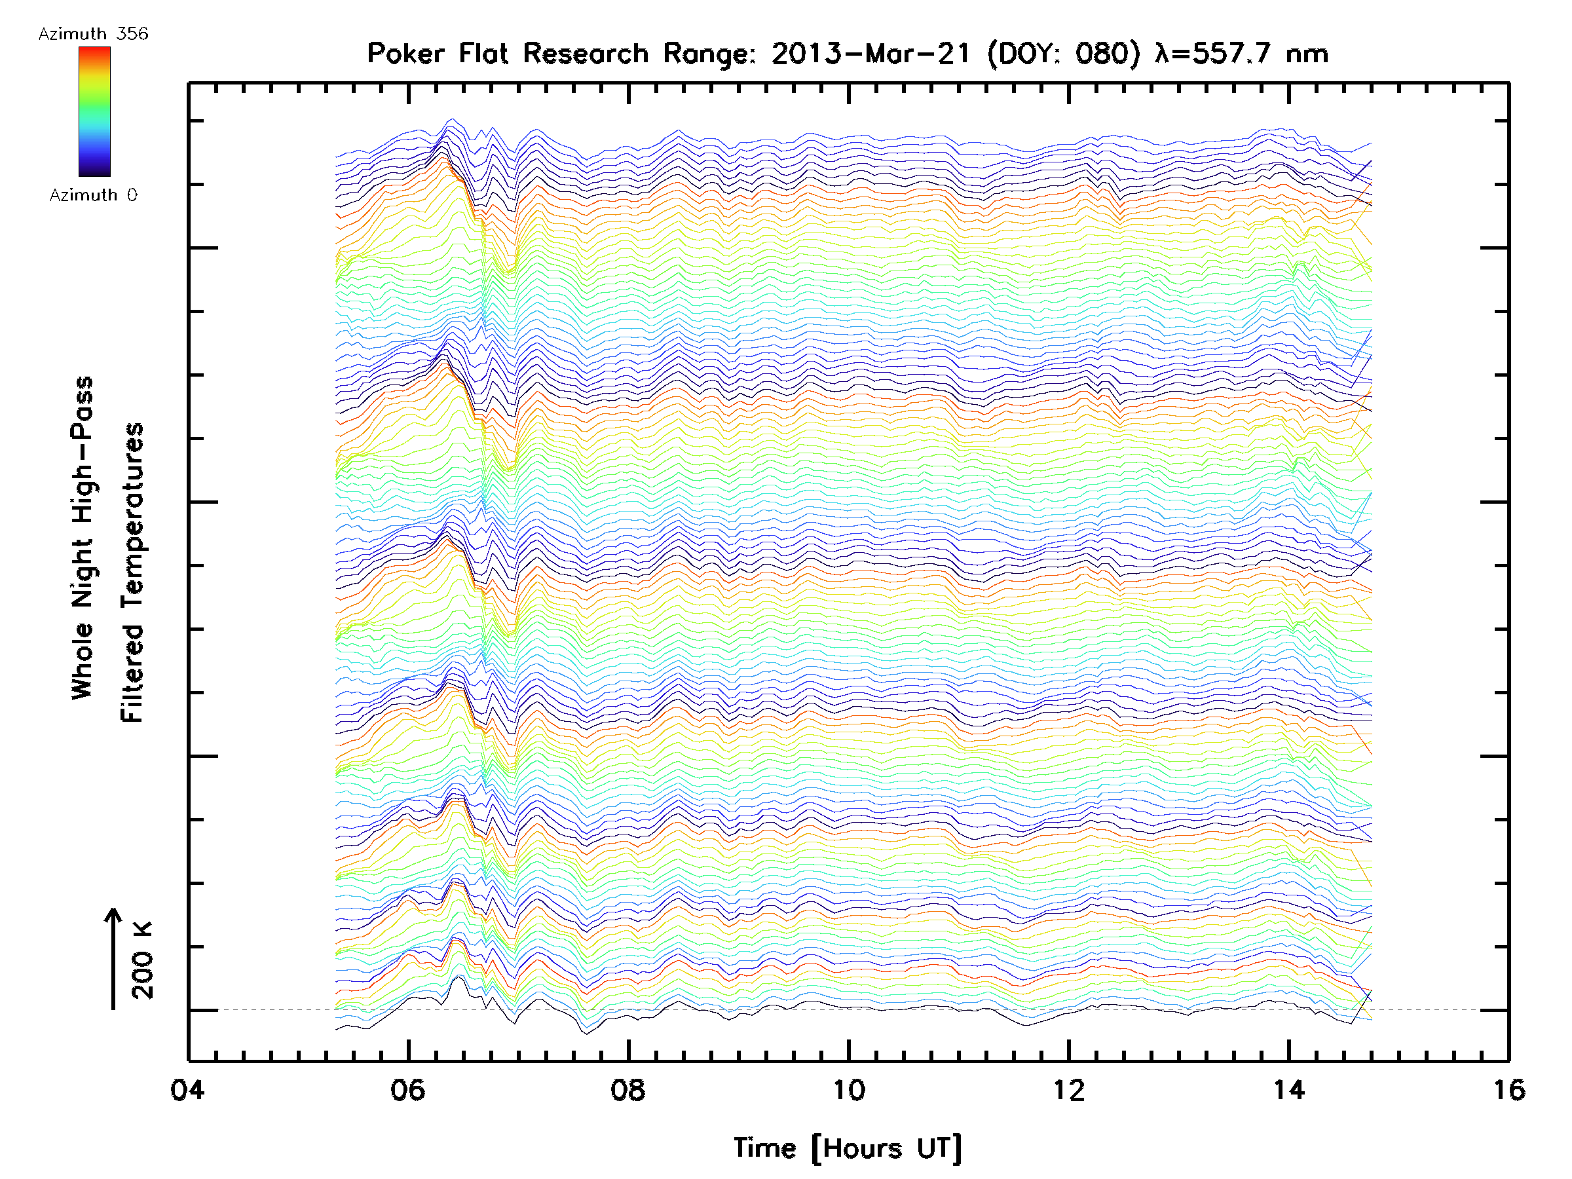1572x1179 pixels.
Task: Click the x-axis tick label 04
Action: pos(187,1089)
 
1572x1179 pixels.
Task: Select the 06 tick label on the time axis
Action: pos(407,1089)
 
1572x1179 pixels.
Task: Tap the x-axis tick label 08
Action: pos(627,1089)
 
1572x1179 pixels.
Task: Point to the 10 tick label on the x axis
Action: pos(848,1089)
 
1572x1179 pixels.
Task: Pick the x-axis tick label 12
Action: pos(1068,1089)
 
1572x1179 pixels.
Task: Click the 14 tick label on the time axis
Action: pos(1288,1089)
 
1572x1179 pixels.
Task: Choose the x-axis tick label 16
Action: pos(1508,1089)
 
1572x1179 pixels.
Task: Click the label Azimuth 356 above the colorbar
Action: pos(93,34)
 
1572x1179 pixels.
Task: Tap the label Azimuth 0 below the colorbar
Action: pos(93,195)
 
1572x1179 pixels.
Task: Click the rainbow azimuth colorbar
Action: pos(94,111)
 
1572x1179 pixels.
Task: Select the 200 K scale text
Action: pos(142,960)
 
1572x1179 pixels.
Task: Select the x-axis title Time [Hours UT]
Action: pos(848,1148)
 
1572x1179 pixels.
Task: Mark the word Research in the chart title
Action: pos(586,53)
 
